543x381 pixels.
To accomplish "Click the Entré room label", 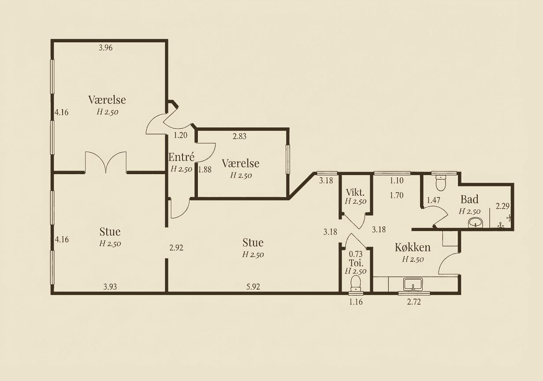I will pyautogui.click(x=181, y=157).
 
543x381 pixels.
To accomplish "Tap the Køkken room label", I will pyautogui.click(x=412, y=247).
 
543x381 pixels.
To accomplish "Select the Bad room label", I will pyautogui.click(x=469, y=199).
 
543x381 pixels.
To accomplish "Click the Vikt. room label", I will pyautogui.click(x=355, y=192).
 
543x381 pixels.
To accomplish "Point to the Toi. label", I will pyautogui.click(x=355, y=263).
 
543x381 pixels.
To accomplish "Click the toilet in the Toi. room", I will pyautogui.click(x=356, y=281).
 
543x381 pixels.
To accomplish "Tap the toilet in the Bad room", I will pyautogui.click(x=441, y=182).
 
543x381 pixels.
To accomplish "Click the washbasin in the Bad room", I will pyautogui.click(x=475, y=223).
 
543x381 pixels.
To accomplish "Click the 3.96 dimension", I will pyautogui.click(x=105, y=48).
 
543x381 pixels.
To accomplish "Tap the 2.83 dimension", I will pyautogui.click(x=239, y=136).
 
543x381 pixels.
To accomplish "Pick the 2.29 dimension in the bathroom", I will pyautogui.click(x=502, y=206).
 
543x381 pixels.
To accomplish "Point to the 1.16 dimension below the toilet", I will pyautogui.click(x=356, y=303).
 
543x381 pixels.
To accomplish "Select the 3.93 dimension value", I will pyautogui.click(x=110, y=287).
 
